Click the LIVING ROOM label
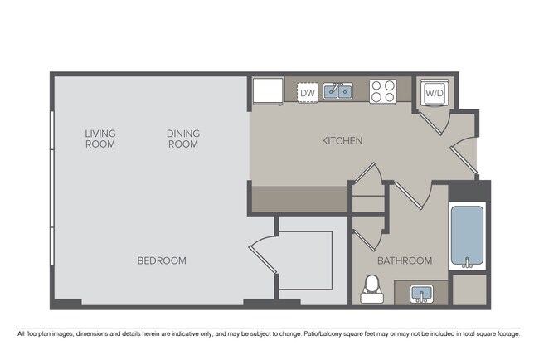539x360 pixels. click(x=100, y=139)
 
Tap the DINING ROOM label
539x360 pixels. click(x=182, y=139)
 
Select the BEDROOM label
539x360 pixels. click(x=162, y=260)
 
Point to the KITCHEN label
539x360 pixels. click(x=342, y=141)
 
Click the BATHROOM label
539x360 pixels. click(x=405, y=260)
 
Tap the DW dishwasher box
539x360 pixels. click(x=308, y=94)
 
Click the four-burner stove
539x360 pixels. click(x=381, y=91)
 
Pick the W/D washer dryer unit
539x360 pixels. click(x=434, y=93)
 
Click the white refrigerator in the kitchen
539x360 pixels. click(x=267, y=91)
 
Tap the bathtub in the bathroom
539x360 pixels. click(x=466, y=236)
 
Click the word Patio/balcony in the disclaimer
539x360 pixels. click(x=329, y=334)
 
